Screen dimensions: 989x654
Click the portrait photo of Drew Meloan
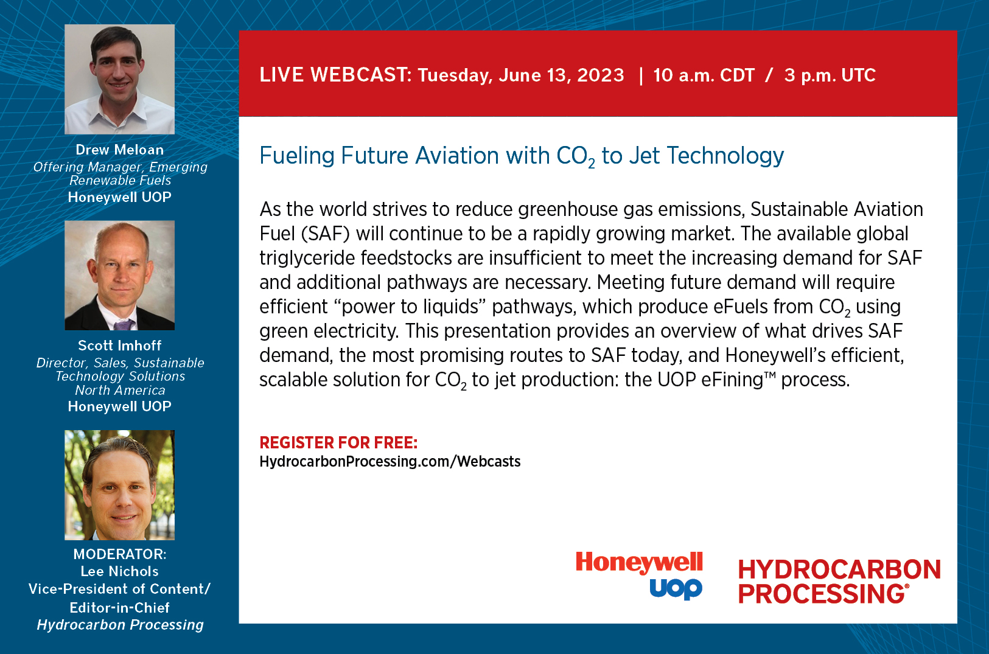120,80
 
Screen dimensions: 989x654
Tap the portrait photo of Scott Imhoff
120,276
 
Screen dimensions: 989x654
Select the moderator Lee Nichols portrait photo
120,485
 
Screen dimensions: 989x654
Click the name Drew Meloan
120,150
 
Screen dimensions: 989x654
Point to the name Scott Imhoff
120,346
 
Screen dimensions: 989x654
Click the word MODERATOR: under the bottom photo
120,554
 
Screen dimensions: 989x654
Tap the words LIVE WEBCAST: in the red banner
335,75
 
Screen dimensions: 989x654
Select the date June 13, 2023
562,75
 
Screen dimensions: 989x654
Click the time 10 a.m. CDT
704,75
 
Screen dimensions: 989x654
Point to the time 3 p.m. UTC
830,75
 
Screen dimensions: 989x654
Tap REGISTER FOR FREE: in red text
338,443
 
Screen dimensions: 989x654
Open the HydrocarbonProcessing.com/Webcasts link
390,462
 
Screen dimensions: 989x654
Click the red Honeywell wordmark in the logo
639,563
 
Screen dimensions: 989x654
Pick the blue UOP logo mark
676,589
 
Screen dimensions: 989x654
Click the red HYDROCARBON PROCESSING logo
839,582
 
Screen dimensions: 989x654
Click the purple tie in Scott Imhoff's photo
124,325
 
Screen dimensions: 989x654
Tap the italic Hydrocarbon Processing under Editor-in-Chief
120,625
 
